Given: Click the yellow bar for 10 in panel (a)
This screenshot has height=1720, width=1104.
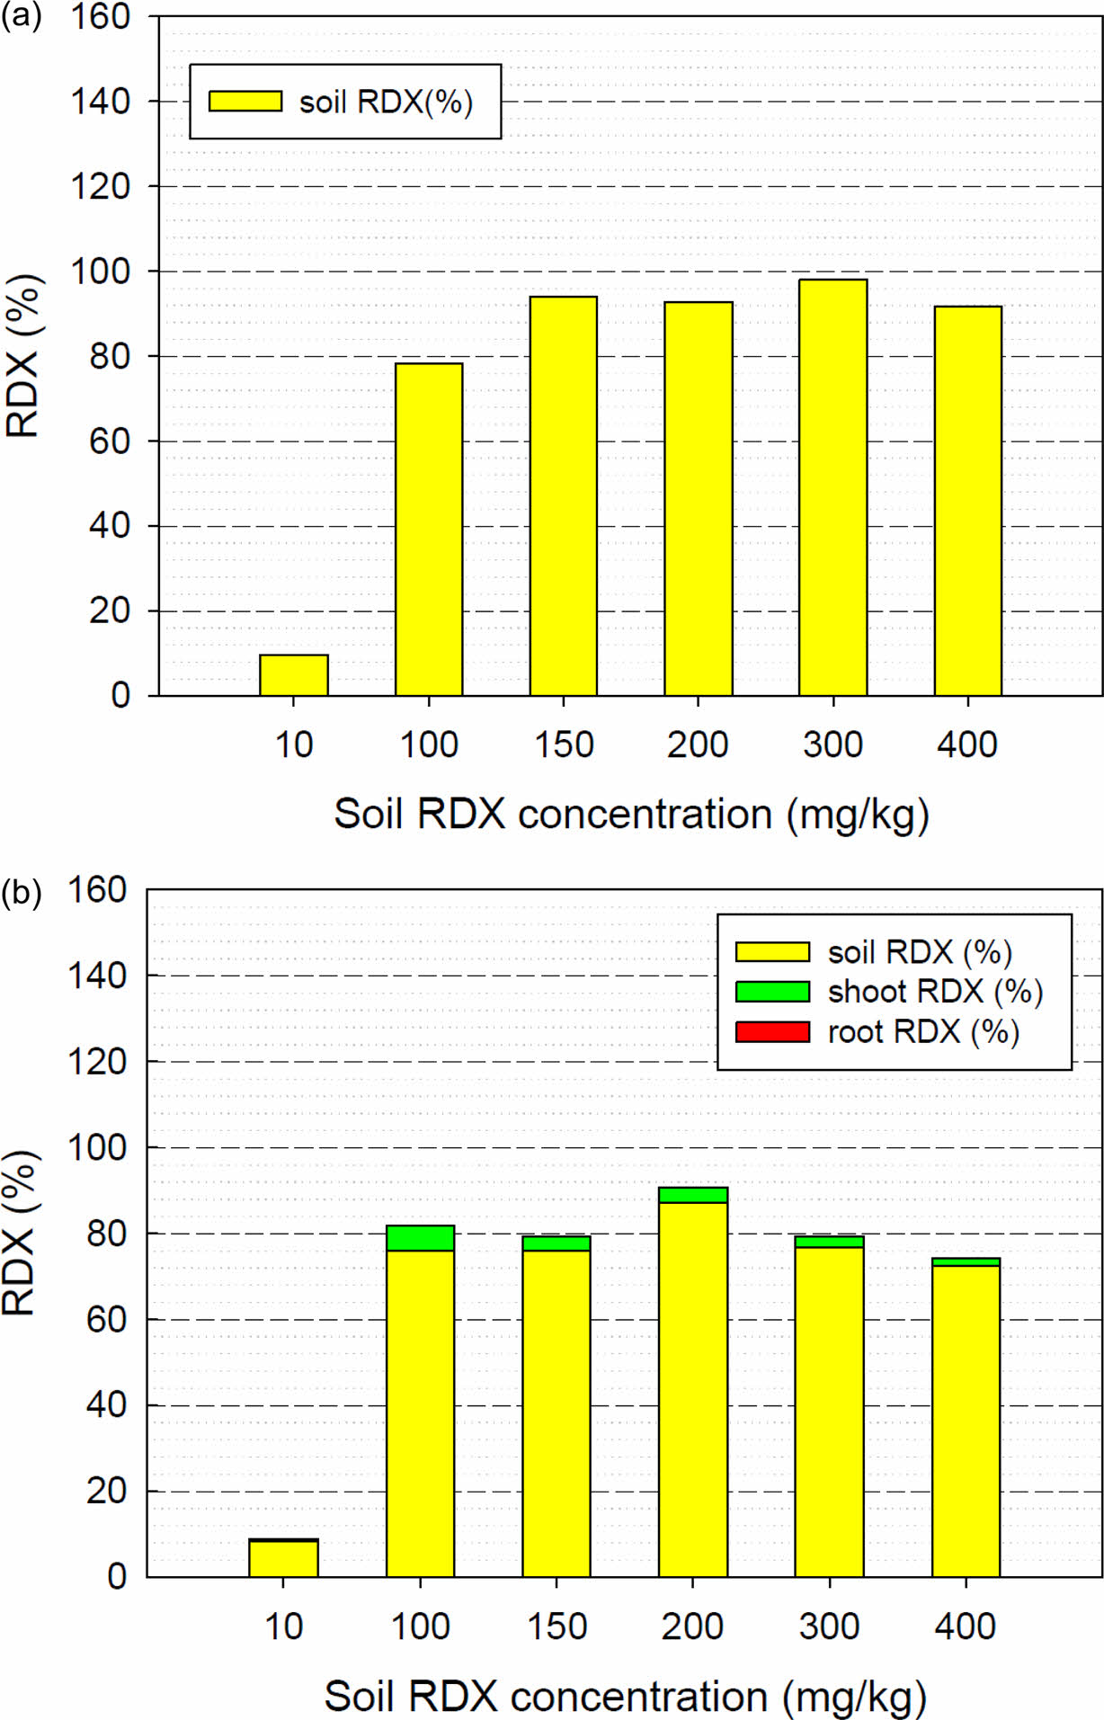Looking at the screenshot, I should (x=294, y=675).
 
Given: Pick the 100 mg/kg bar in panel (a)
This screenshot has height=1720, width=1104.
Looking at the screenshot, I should (x=429, y=530).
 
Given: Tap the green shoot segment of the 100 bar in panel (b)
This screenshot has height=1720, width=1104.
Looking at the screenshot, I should (x=420, y=1238).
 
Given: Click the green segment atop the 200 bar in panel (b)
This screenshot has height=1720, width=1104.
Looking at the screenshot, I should (x=692, y=1195).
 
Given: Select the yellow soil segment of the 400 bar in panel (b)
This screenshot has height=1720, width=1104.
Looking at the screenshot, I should (x=966, y=1421).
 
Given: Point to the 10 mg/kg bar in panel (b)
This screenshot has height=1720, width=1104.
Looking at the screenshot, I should (x=283, y=1558).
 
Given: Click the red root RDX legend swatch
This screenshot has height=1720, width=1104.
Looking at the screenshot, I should (x=772, y=1031).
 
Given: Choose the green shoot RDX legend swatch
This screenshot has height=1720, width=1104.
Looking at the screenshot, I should (x=772, y=991).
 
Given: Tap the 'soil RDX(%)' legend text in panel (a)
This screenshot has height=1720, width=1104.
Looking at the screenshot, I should (x=386, y=102).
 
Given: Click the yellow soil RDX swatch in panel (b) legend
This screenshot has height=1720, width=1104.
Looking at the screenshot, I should (x=772, y=951).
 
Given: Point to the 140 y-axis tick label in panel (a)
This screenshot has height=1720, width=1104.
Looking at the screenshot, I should (x=100, y=102).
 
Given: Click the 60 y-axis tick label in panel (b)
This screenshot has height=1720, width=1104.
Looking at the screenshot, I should (x=106, y=1319).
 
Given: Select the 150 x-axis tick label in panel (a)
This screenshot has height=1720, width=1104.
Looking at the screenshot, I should (x=564, y=744).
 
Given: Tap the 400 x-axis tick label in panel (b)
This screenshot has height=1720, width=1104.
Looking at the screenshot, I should (x=965, y=1626).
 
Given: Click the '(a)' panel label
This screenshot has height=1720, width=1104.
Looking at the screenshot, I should (x=21, y=17).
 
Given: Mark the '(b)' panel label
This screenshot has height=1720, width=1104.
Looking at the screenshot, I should (x=21, y=893).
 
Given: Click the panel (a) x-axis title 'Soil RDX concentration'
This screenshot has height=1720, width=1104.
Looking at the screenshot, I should (x=631, y=814).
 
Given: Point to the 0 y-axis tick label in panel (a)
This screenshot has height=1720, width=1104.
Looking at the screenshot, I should (x=120, y=695).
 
